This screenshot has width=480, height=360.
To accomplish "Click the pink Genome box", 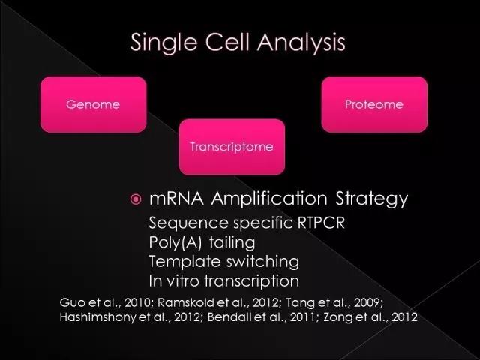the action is (93, 105).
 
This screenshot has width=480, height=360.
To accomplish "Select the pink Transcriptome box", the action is (232, 147).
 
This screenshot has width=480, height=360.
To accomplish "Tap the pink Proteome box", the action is (374, 105).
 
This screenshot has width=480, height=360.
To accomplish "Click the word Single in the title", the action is (163, 43).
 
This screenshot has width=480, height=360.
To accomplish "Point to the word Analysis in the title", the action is (301, 43).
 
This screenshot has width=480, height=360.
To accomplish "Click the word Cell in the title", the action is (227, 42).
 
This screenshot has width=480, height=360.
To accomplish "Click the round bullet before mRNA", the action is (136, 199).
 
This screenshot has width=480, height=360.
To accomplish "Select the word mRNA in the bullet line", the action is (176, 199).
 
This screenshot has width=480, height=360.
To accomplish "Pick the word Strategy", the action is (372, 200).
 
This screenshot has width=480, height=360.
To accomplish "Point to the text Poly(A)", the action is (175, 243).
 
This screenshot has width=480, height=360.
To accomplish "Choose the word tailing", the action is (232, 243).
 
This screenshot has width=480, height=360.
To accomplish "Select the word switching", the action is (262, 262).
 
